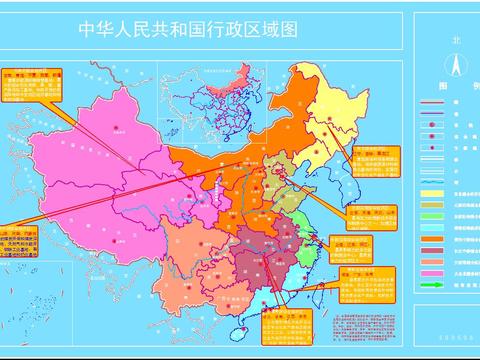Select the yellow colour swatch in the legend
432,193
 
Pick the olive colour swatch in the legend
432,204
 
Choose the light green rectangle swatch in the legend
432,215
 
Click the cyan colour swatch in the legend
432,226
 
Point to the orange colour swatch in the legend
432,238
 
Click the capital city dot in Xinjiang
117,127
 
